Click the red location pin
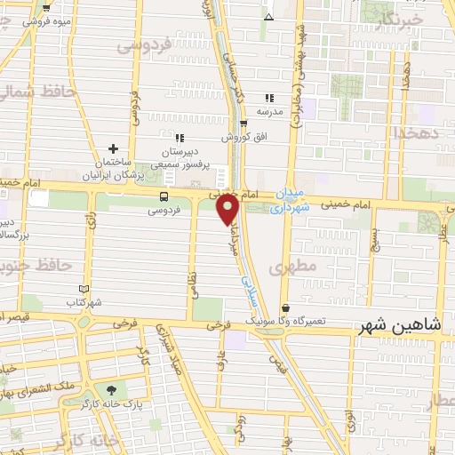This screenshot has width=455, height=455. pyautogui.click(x=228, y=208)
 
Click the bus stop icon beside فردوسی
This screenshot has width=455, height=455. pyautogui.click(x=164, y=196)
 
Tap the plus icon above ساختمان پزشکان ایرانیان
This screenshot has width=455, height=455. pyautogui.click(x=113, y=148)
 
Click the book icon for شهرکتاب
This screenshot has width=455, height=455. pyautogui.click(x=84, y=289)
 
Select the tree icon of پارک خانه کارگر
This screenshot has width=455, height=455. pyautogui.click(x=111, y=390)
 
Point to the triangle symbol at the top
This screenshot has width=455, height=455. pyautogui.click(x=268, y=17)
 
